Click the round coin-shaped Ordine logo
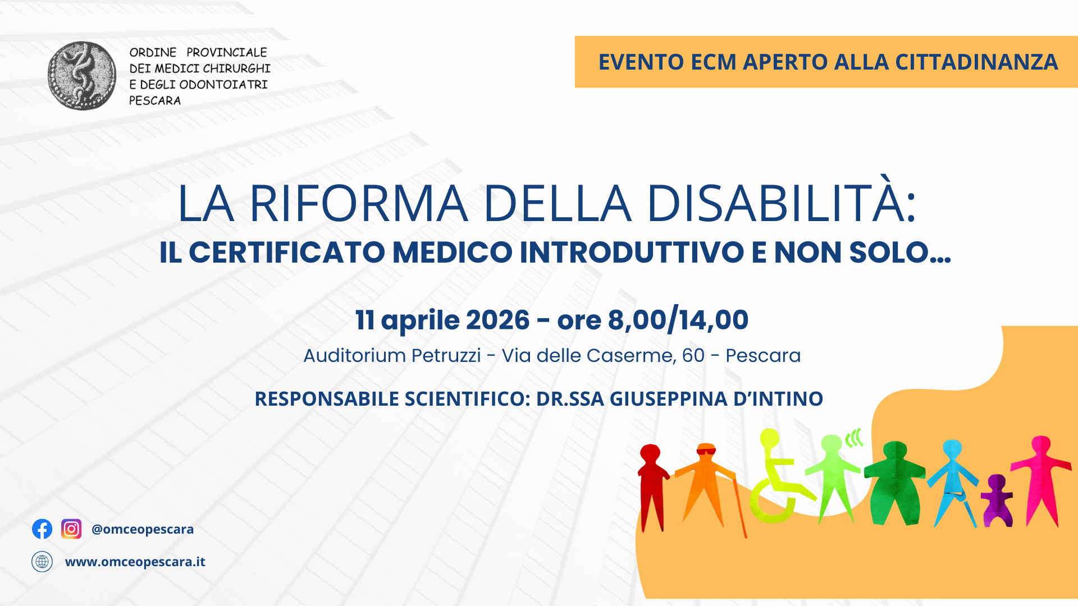pos(82,76)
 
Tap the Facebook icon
pos(42,529)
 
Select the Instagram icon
pos(71,529)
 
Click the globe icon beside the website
pos(42,562)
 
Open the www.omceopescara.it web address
pos(135,562)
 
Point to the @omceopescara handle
pos(143,529)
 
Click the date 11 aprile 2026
pos(442,320)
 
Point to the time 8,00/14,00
pos(678,320)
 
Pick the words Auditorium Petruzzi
pos(392,356)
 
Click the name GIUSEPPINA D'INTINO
pos(716,399)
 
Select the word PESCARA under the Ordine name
pos(155,101)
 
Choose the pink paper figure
pos(1040,477)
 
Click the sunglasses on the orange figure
pos(706,451)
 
